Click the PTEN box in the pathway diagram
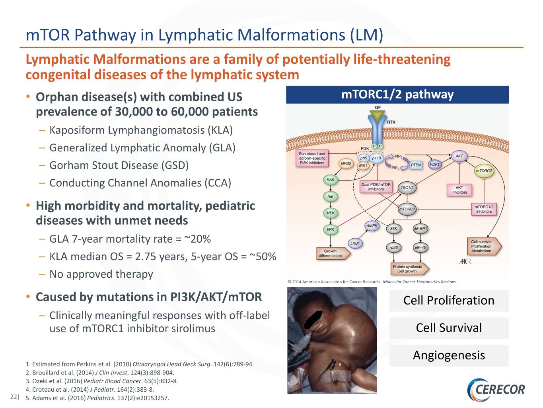[416, 165]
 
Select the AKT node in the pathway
[459, 156]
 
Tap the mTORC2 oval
[484, 171]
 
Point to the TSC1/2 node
[407, 188]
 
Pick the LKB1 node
[355, 243]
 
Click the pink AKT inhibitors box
[459, 190]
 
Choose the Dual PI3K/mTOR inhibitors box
[376, 187]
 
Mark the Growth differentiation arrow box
[333, 253]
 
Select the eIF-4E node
[420, 247]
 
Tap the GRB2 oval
[346, 163]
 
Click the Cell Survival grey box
[449, 328]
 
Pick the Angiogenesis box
[449, 355]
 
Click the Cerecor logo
[496, 390]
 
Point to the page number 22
[14, 397]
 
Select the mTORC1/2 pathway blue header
[397, 95]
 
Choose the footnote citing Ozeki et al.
[102, 381]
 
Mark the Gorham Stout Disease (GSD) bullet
[119, 165]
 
